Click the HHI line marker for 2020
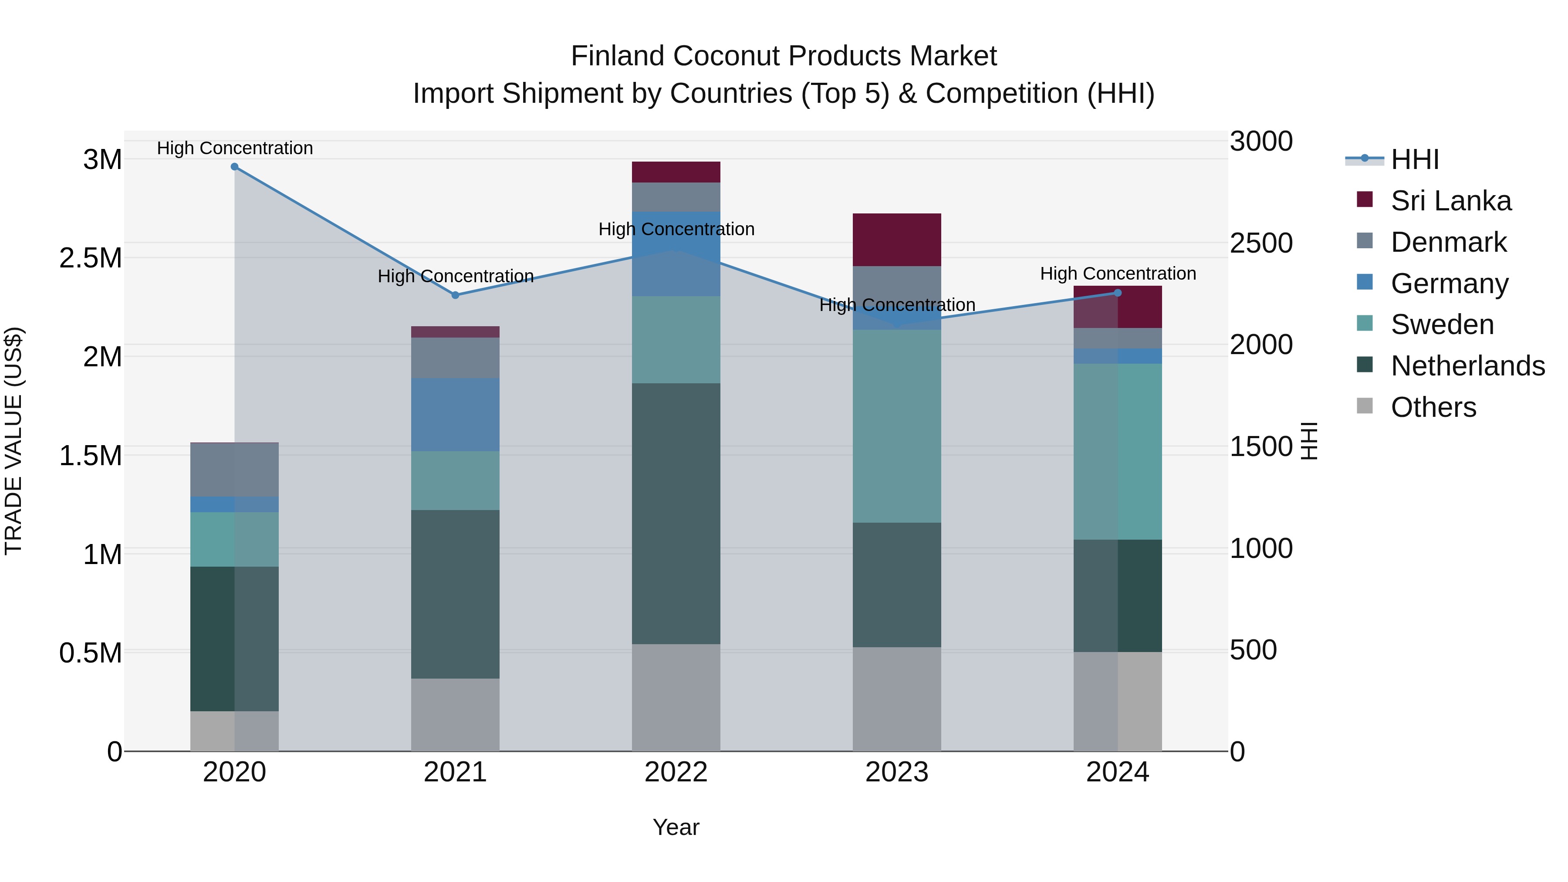coord(234,167)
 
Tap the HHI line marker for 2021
coord(455,295)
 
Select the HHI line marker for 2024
coord(1118,293)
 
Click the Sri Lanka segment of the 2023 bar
coord(897,240)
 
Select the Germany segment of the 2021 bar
coord(455,415)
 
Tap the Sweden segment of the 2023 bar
coord(897,426)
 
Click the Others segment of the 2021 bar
coord(455,715)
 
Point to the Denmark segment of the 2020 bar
coord(234,470)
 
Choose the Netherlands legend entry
coord(1467,366)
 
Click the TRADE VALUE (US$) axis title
coord(14,441)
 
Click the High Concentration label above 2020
coord(235,148)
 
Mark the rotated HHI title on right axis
coord(1309,441)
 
